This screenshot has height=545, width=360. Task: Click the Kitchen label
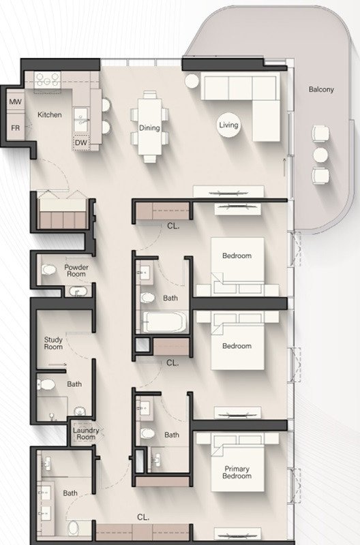coord(49,114)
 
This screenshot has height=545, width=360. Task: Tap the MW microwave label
coord(15,102)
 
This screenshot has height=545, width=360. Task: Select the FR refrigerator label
coord(15,128)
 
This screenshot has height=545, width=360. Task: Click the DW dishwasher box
coord(81,142)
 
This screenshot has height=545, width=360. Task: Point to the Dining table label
coord(149,128)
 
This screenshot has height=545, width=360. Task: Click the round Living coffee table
coord(228,125)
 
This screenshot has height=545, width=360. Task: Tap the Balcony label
coord(321,89)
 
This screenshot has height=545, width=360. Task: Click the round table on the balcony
coord(320,155)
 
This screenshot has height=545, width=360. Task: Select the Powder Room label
coord(76,270)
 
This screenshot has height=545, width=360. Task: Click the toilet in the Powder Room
coord(48,269)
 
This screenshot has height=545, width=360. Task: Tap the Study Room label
coord(53,343)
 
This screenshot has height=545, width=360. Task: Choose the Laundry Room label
coord(86,433)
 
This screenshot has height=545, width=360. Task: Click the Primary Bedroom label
coord(237,472)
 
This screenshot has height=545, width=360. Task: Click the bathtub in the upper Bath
coord(164,322)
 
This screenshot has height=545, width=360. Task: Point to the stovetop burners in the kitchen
coord(47,80)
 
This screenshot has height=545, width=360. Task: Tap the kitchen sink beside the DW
coord(81,119)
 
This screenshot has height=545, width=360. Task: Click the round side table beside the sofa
coord(192,81)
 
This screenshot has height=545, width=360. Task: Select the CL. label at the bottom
coord(143,517)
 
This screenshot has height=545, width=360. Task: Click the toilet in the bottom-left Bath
coord(74,528)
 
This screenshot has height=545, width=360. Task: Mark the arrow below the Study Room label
coord(57,364)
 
